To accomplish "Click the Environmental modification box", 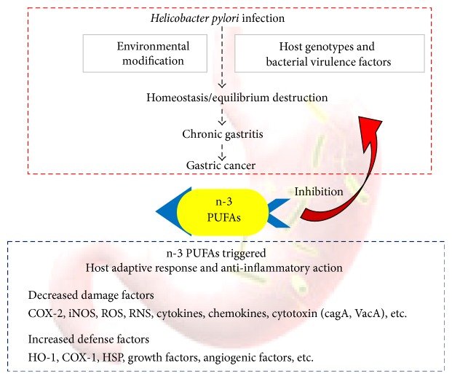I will (153, 54).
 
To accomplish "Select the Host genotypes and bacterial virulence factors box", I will (329, 54).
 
